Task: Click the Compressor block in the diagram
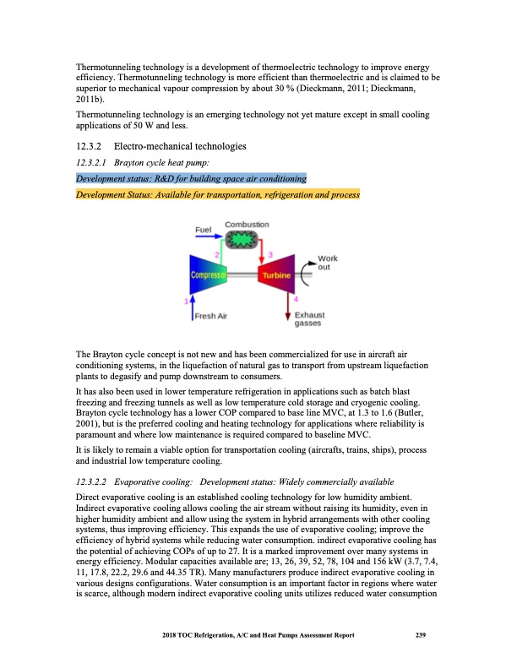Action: pos(205,275)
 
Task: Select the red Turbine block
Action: pos(276,275)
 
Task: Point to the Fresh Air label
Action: pos(210,316)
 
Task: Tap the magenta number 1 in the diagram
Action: pos(186,301)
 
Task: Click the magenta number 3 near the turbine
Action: pos(269,254)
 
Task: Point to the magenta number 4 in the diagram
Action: pos(295,298)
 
